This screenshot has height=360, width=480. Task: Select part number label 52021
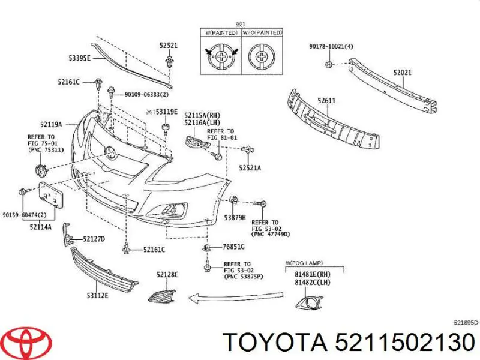402,73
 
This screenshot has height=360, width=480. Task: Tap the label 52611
326,100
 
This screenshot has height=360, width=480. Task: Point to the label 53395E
79,58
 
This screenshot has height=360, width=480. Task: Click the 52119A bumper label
51,124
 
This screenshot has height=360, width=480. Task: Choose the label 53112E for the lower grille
97,296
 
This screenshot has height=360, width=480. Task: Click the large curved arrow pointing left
236,296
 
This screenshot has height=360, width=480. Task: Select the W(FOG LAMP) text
304,263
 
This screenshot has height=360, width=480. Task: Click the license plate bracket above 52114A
51,195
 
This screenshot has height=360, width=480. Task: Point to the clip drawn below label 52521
169,62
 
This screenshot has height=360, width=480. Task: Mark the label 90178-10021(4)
331,47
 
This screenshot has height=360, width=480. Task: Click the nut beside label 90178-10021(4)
328,64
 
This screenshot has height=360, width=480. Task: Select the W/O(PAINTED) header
262,32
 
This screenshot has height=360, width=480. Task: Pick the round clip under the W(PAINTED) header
221,56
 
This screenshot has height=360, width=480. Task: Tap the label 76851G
233,246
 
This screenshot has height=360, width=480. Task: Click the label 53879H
235,218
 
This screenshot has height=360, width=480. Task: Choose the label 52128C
167,275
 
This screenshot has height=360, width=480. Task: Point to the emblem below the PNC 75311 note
41,170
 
